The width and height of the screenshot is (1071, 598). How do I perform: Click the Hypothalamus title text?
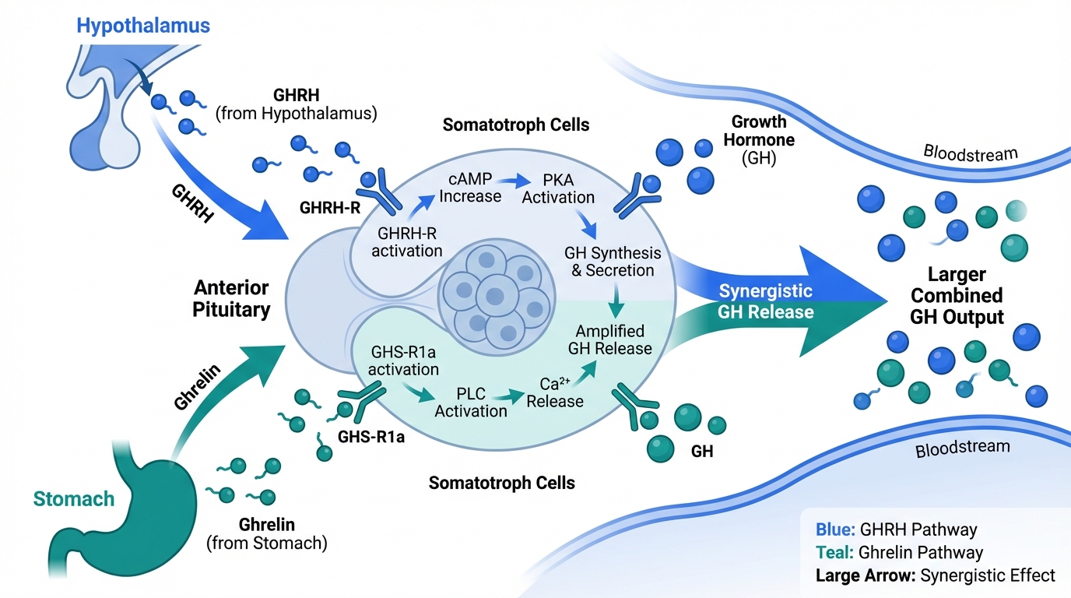pyautogui.click(x=143, y=25)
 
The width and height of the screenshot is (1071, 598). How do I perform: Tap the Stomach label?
pyautogui.click(x=73, y=499)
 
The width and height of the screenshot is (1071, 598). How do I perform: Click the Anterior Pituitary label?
pyautogui.click(x=232, y=298)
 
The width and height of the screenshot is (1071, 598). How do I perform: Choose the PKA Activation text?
pyautogui.click(x=558, y=188)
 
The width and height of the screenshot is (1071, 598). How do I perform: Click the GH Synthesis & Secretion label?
pyautogui.click(x=613, y=262)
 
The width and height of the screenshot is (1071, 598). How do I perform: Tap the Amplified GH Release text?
pyautogui.click(x=610, y=339)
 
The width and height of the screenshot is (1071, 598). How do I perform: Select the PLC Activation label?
pyautogui.click(x=470, y=402)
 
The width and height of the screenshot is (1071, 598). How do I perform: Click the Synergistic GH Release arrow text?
pyautogui.click(x=765, y=302)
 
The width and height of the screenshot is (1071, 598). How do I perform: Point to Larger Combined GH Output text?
pyautogui.click(x=957, y=296)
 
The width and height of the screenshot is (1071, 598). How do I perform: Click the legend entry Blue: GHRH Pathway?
pyautogui.click(x=896, y=530)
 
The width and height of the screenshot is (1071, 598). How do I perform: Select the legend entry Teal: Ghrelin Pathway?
pyautogui.click(x=899, y=553)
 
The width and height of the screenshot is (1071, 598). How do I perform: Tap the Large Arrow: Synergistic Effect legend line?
pyautogui.click(x=935, y=576)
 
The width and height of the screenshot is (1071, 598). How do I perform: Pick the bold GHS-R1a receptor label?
pyautogui.click(x=371, y=437)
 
